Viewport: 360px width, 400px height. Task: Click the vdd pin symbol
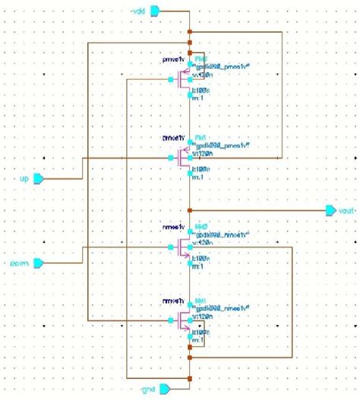155,10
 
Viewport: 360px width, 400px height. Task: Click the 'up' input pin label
24,178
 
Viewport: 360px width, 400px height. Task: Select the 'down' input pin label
20,263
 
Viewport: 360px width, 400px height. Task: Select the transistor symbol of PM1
182,159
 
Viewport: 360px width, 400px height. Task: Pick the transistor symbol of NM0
182,247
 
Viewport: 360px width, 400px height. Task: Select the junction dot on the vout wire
189,209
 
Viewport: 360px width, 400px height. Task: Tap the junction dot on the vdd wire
189,32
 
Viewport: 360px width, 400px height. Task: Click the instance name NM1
201,301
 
